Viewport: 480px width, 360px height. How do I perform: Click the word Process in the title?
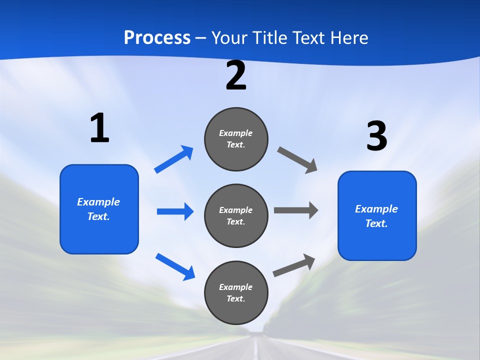click(x=157, y=38)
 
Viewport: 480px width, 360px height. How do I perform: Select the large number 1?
click(x=99, y=128)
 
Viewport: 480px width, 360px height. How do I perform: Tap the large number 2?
click(x=236, y=76)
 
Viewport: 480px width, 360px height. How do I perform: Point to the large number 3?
click(x=376, y=136)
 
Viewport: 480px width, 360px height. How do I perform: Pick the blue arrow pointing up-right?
click(x=174, y=159)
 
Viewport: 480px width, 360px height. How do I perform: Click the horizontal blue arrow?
click(x=175, y=211)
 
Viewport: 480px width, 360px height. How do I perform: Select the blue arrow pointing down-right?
click(x=175, y=266)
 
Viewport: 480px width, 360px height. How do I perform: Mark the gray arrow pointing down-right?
click(x=297, y=159)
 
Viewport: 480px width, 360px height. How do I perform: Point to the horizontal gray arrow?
click(x=296, y=210)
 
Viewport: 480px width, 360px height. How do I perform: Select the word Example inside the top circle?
click(x=236, y=133)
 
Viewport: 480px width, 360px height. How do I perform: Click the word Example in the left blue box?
click(x=98, y=202)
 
